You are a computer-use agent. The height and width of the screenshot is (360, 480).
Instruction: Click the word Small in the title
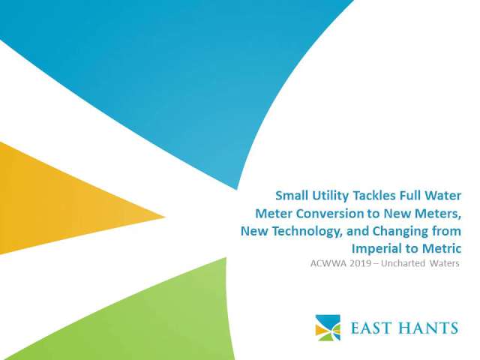tap(291, 195)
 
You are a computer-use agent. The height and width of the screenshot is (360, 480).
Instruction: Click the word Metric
tap(442, 248)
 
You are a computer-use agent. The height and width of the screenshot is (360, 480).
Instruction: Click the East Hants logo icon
tap(328, 328)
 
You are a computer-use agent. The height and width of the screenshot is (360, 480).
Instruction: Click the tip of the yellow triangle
tap(165, 217)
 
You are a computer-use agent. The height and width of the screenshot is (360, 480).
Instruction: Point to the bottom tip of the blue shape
tap(236, 189)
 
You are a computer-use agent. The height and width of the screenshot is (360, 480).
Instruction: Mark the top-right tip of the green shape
tap(226, 258)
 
